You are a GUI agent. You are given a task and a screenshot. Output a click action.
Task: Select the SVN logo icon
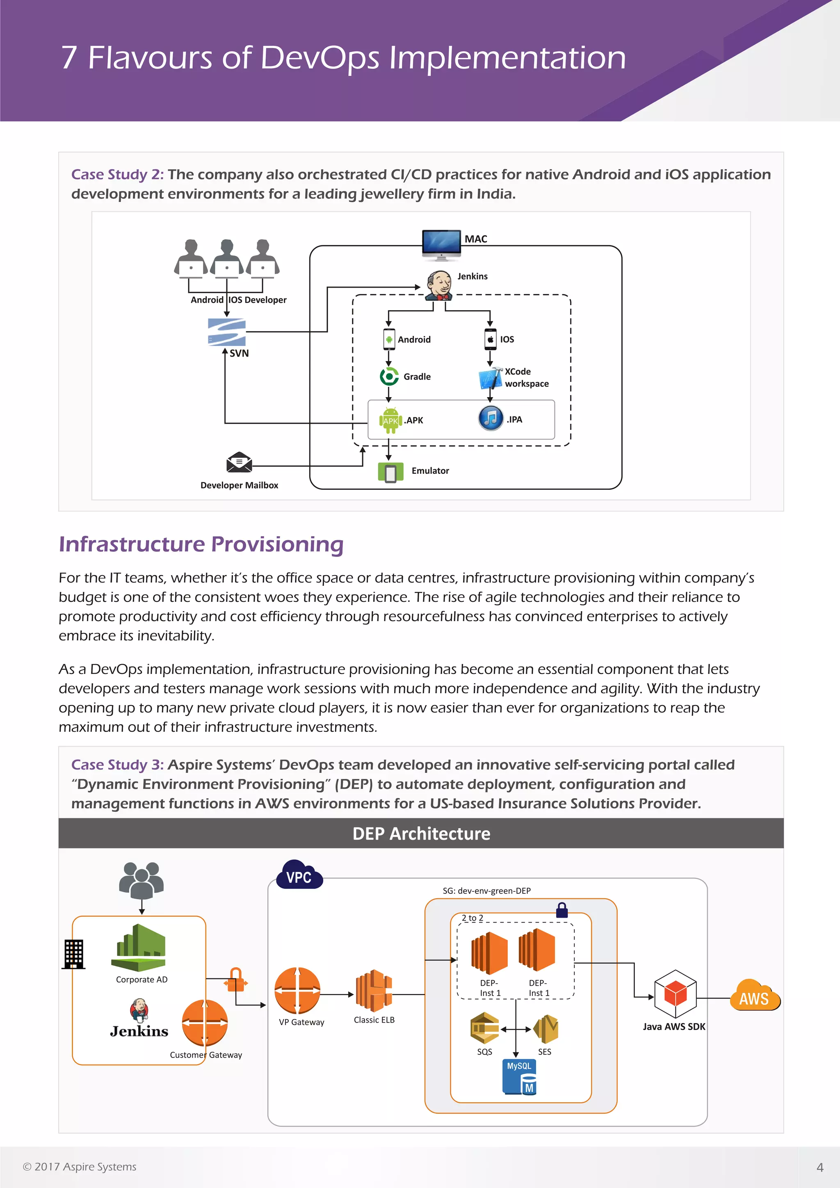point(226,332)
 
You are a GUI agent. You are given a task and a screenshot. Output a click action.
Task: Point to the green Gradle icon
point(389,377)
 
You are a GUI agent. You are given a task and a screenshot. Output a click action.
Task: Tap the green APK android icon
point(390,420)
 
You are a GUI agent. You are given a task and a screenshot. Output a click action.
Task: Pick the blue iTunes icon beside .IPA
point(491,418)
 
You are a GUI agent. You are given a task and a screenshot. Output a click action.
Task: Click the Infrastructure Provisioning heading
point(201,544)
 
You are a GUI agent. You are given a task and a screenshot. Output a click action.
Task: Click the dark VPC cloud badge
point(299,875)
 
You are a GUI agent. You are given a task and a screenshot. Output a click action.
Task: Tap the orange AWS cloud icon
point(755,996)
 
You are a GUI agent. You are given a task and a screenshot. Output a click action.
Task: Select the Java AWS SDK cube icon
point(675,994)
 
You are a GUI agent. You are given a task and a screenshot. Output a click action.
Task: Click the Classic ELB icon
point(374,991)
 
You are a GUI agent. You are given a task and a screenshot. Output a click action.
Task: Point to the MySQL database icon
point(519,1077)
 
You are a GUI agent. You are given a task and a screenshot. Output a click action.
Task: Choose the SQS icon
point(484,1029)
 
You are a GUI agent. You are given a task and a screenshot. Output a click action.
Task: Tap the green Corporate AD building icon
point(138,948)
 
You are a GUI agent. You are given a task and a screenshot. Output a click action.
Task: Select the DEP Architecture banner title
point(421,834)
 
